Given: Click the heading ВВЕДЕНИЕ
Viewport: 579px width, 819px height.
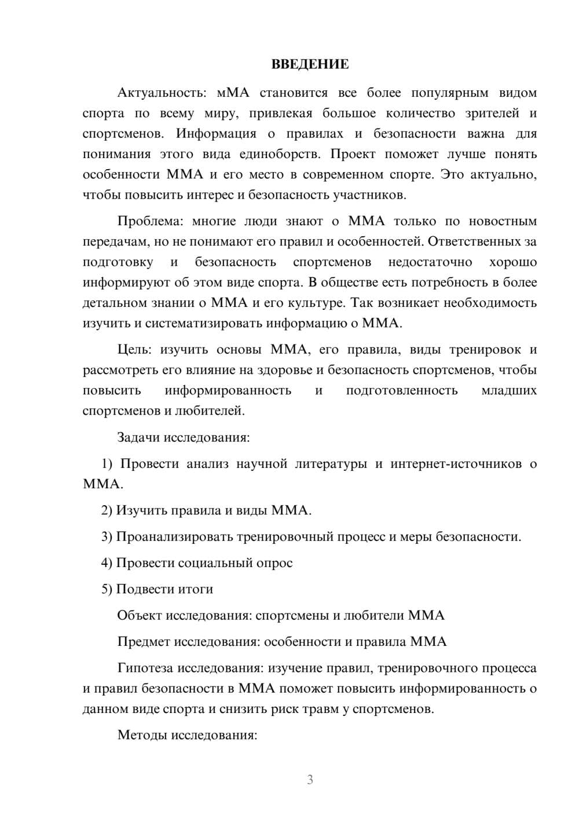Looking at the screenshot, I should pyautogui.click(x=310, y=64).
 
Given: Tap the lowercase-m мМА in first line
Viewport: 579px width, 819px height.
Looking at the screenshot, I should pyautogui.click(x=232, y=93).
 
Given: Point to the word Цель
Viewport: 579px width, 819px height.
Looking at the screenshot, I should pyautogui.click(x=134, y=350).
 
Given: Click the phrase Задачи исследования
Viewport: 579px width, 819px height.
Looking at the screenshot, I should pyautogui.click(x=183, y=437).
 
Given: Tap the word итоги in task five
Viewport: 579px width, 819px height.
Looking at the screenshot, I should pyautogui.click(x=196, y=589).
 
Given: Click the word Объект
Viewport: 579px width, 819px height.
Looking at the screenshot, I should pyautogui.click(x=140, y=616).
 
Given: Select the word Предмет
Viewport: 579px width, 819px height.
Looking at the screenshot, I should pyautogui.click(x=144, y=642).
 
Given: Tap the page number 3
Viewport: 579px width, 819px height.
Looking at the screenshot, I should pyautogui.click(x=310, y=780).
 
